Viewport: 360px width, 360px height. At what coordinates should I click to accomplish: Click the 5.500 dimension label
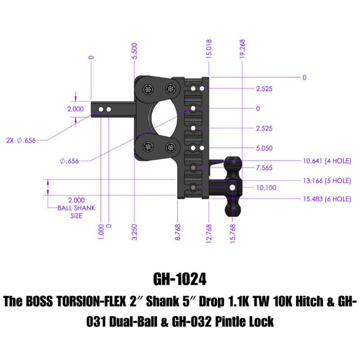pos(134,51)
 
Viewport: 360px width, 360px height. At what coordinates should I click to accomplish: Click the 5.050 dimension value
pos(264,148)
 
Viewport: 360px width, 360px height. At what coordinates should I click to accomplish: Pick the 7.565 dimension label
pos(264,168)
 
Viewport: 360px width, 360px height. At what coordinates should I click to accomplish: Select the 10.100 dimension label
pos(266,187)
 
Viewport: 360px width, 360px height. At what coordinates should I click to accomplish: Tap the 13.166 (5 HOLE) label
pos(326,181)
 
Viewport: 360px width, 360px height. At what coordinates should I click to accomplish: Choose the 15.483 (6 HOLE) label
pos(326,199)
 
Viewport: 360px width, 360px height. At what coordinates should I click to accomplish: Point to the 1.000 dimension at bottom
pos(101,231)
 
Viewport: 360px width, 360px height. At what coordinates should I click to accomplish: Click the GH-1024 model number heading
pos(179,279)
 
